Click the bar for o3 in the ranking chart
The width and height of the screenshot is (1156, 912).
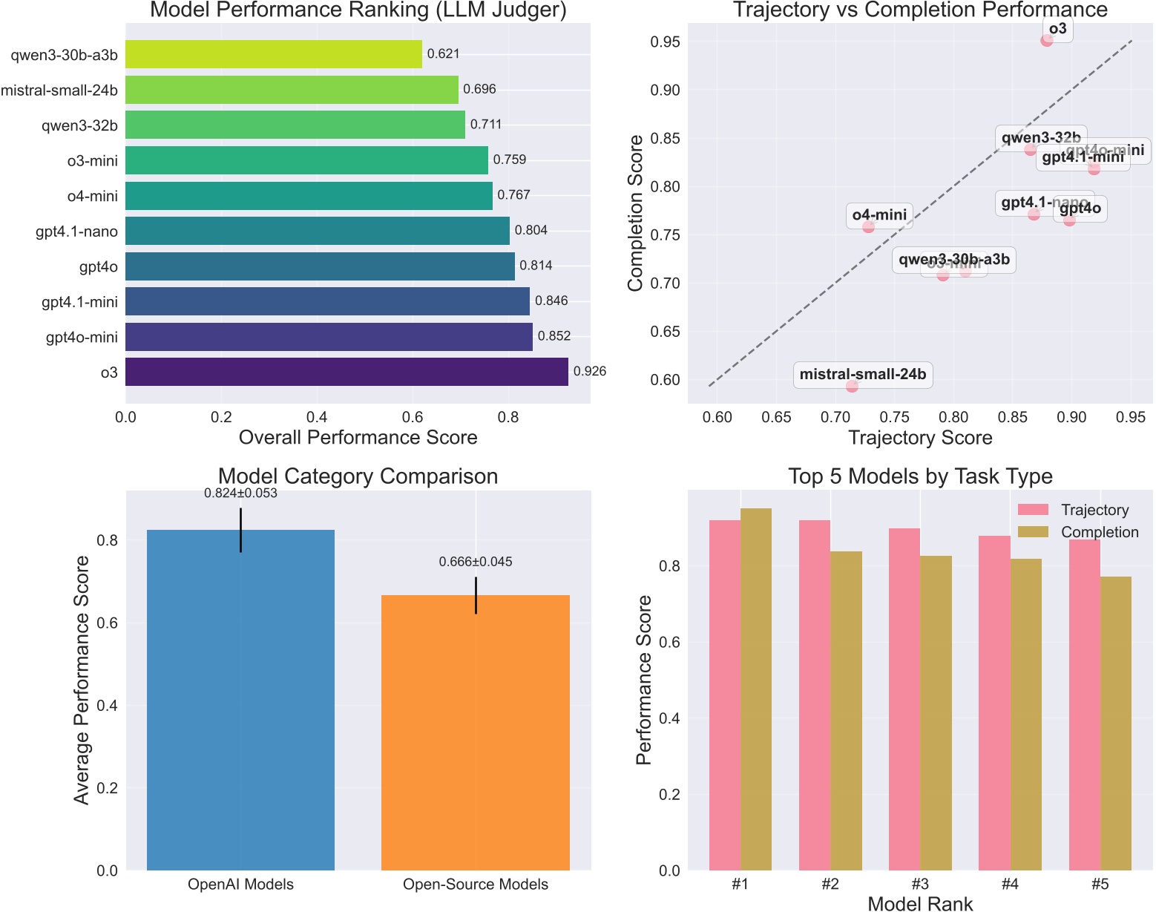point(347,372)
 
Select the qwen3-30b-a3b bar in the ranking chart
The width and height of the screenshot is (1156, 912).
point(273,54)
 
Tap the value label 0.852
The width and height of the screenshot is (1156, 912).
point(554,336)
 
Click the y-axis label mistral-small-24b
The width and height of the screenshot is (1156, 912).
point(59,90)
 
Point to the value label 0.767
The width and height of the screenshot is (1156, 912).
point(513,195)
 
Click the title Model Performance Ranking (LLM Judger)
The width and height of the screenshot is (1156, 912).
point(358,10)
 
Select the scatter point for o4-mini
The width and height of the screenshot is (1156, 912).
point(868,226)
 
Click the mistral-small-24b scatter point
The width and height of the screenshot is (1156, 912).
point(852,386)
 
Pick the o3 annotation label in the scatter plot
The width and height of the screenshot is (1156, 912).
point(1057,29)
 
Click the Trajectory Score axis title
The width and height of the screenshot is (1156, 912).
point(920,438)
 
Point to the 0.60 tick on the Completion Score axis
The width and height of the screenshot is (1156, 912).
point(665,380)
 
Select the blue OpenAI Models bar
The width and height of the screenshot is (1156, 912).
point(240,699)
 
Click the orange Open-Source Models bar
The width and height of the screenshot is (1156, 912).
point(476,732)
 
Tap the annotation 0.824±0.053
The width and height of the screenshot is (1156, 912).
point(240,493)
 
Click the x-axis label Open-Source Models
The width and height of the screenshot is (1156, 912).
point(476,885)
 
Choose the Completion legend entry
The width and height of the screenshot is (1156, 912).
point(1099,532)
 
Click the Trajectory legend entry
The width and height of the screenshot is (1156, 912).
point(1094,510)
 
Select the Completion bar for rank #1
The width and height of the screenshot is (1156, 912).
point(756,689)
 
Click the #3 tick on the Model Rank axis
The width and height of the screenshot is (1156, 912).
point(920,885)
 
